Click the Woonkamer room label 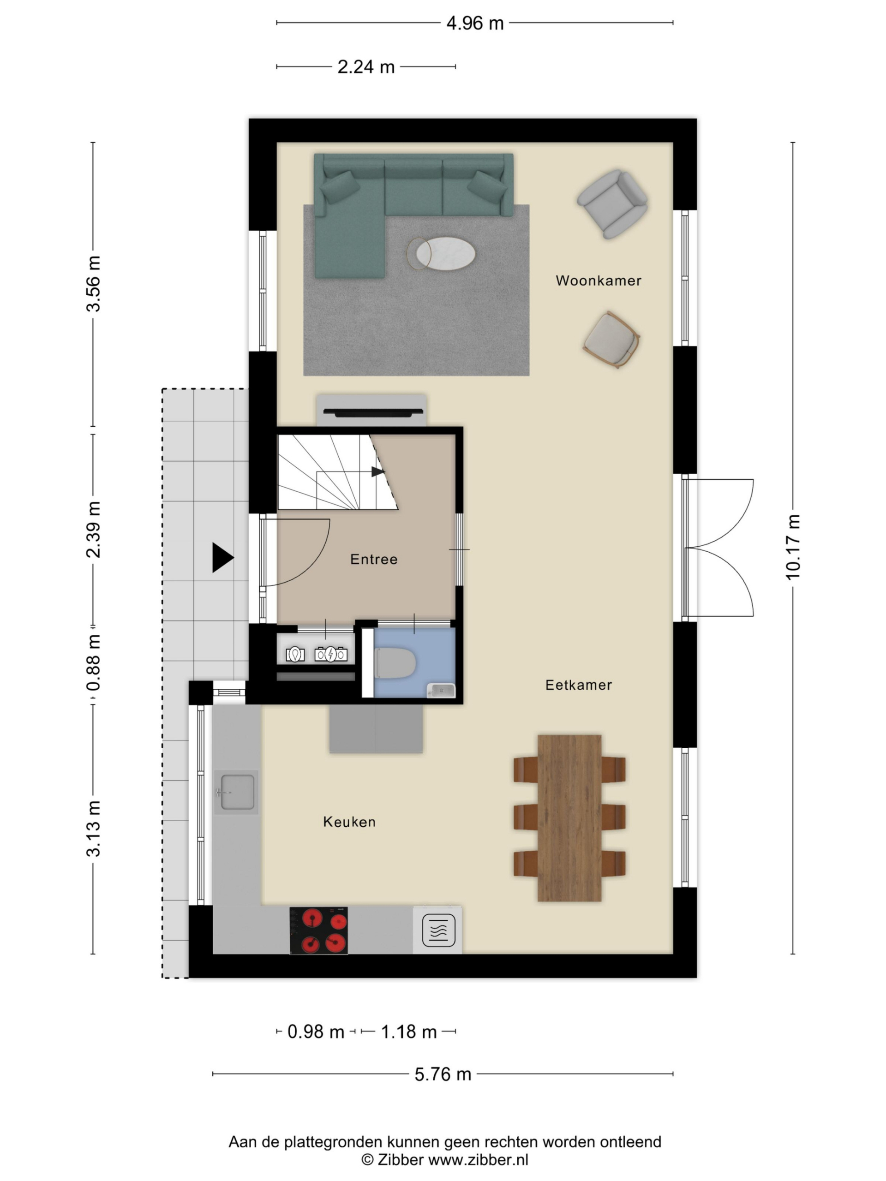(598, 280)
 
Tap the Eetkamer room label (578, 685)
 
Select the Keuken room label (349, 822)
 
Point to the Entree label (374, 559)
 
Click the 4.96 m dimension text (475, 24)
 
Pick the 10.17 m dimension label (793, 547)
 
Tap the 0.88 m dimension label (94, 662)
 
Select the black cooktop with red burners (319, 930)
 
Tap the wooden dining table (569, 818)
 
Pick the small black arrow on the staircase (377, 472)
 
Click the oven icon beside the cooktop (438, 930)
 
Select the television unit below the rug (371, 410)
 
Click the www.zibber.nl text (479, 1160)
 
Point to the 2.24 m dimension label (366, 67)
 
